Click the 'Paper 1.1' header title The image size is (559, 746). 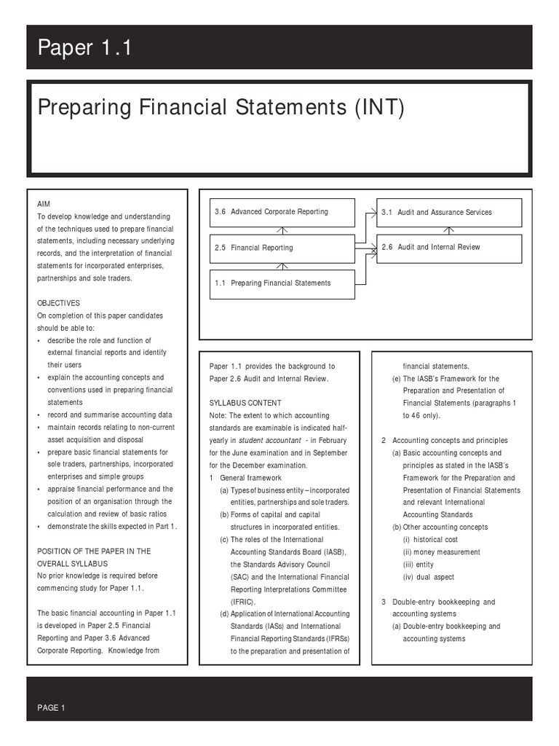coord(84,49)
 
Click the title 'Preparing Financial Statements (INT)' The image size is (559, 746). coord(220,109)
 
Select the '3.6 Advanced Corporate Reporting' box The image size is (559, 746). coord(282,212)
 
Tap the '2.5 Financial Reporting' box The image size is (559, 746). coord(282,248)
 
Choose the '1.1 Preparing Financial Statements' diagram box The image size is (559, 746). coord(282,283)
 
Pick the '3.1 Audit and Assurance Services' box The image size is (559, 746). coord(449,213)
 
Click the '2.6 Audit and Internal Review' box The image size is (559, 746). coord(449,248)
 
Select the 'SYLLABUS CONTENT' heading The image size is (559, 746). coord(245,403)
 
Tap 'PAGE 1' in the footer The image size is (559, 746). coord(51,707)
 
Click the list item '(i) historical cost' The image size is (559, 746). coord(430,540)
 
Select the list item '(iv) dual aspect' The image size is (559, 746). coord(428,577)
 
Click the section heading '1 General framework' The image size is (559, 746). coord(245,477)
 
